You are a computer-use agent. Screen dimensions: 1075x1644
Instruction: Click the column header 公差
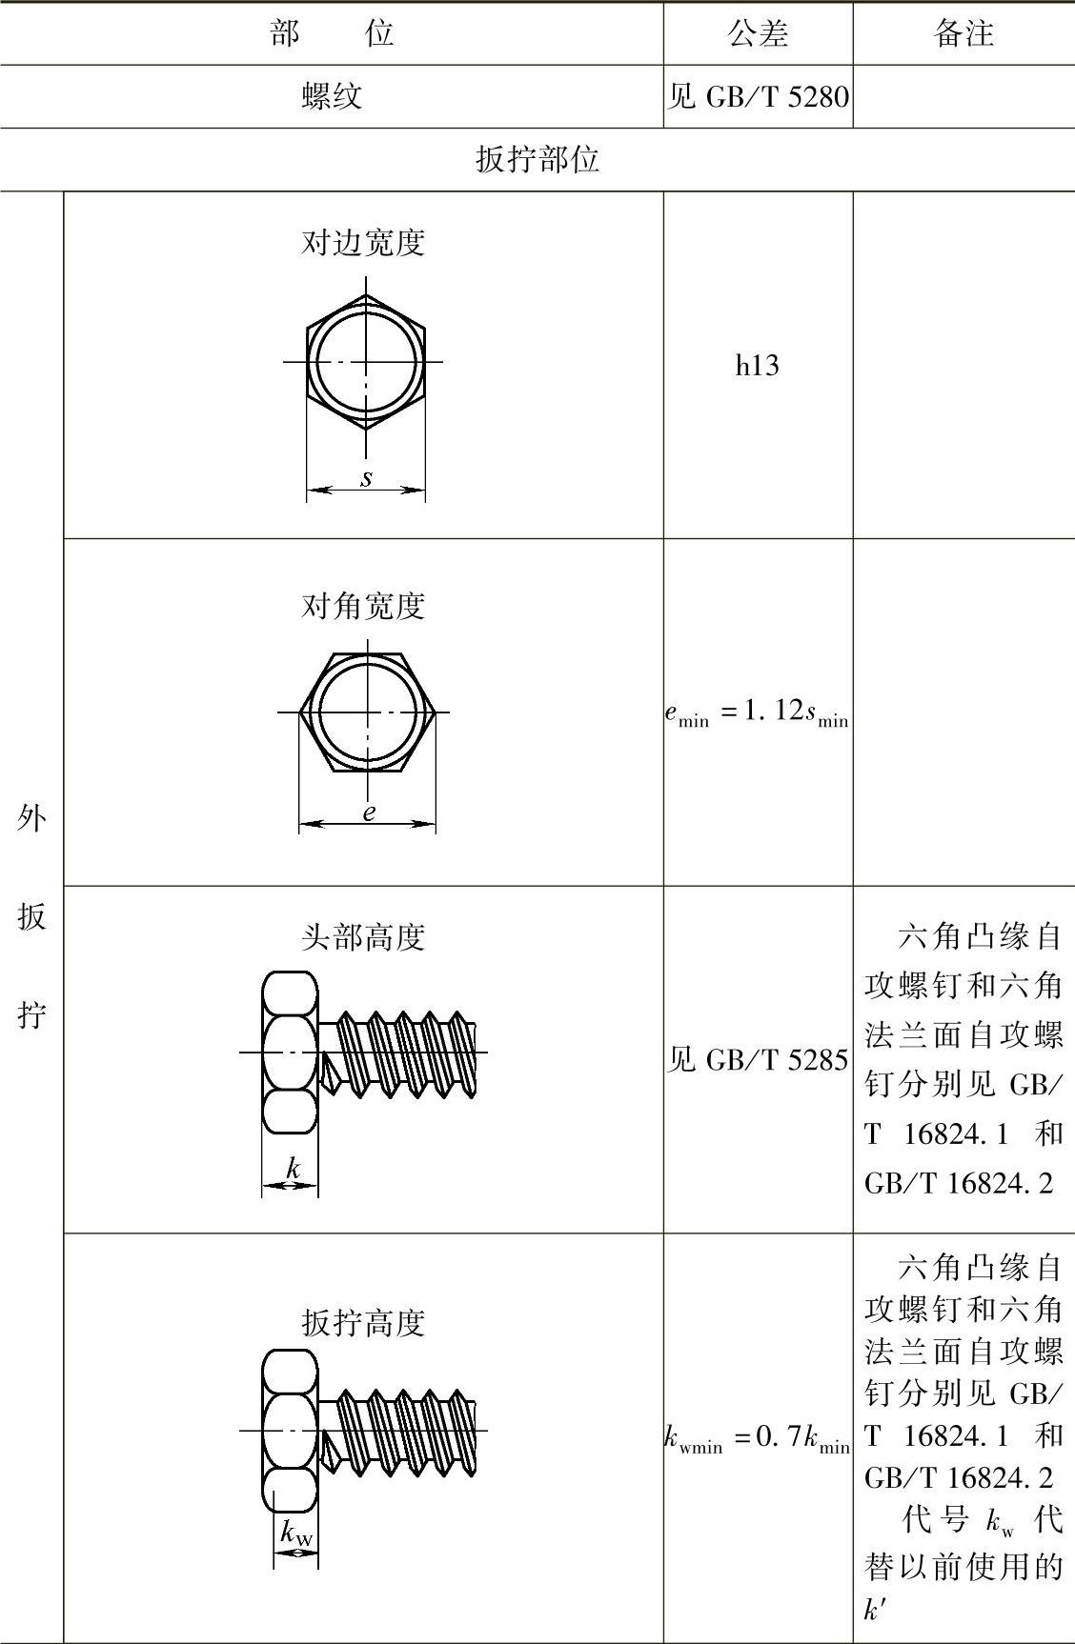pyautogui.click(x=758, y=34)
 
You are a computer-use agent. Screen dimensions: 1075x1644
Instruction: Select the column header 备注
pyautogui.click(x=963, y=34)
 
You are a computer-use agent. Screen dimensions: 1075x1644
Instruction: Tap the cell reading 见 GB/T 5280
pyautogui.click(x=758, y=96)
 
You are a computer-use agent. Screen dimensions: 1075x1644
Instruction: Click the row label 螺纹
pyautogui.click(x=332, y=96)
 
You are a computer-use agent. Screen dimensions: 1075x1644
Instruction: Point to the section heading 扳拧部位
pyautogui.click(x=537, y=159)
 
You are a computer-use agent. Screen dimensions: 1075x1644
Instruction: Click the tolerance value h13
pyautogui.click(x=758, y=365)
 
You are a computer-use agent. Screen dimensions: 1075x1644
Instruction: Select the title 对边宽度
pyautogui.click(x=363, y=243)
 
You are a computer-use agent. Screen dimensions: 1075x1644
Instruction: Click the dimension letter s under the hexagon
pyautogui.click(x=366, y=478)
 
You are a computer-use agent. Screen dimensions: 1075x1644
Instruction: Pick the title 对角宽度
pyautogui.click(x=363, y=606)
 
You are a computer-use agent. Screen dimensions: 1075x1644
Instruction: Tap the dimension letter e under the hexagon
pyautogui.click(x=368, y=812)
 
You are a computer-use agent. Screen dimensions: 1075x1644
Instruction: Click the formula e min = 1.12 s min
pyautogui.click(x=757, y=713)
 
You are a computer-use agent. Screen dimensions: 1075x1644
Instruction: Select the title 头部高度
pyautogui.click(x=363, y=937)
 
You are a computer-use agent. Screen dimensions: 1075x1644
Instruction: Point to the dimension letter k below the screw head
pyautogui.click(x=294, y=1168)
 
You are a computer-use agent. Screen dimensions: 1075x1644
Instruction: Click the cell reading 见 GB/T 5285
pyautogui.click(x=758, y=1059)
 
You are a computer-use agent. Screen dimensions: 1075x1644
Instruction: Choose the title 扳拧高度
pyautogui.click(x=363, y=1323)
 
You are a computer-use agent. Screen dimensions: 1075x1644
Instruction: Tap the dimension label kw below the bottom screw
pyautogui.click(x=296, y=1533)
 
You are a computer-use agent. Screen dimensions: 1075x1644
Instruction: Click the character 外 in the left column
pyautogui.click(x=31, y=817)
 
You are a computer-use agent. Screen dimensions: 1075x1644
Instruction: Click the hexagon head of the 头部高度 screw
pyautogui.click(x=290, y=1053)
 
